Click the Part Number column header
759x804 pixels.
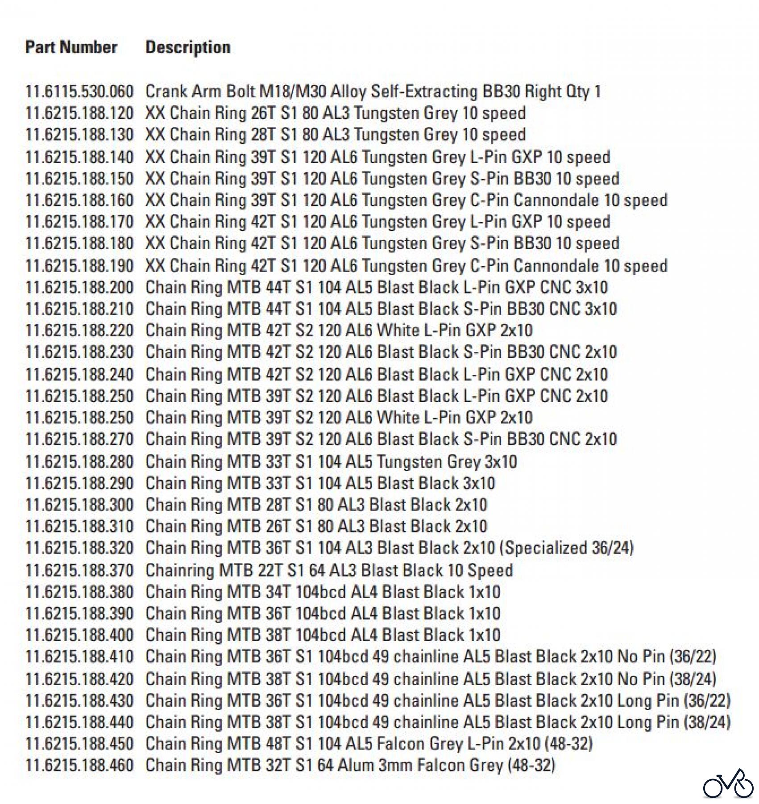[x=71, y=47]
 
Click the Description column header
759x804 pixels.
[x=188, y=47]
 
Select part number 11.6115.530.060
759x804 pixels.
[x=79, y=92]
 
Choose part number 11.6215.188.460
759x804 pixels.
[x=79, y=765]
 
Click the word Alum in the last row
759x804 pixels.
[x=355, y=765]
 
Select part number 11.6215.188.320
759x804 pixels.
[x=79, y=548]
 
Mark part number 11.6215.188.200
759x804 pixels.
[x=79, y=287]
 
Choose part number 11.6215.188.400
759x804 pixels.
[x=79, y=635]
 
